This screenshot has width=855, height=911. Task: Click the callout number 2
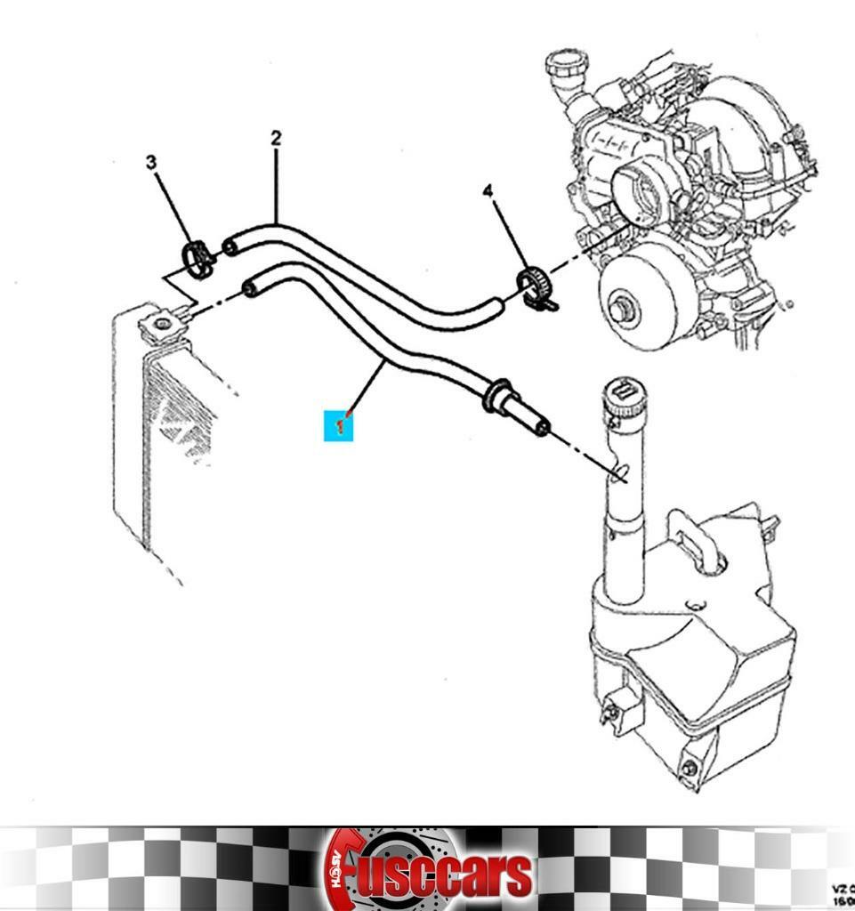(x=276, y=138)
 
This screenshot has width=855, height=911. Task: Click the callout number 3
(x=151, y=162)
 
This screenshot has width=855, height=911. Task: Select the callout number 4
(x=488, y=191)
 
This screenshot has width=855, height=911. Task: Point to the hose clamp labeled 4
(x=534, y=286)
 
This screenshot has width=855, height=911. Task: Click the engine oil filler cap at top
(x=566, y=69)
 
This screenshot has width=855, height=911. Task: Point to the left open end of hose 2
(x=230, y=245)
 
